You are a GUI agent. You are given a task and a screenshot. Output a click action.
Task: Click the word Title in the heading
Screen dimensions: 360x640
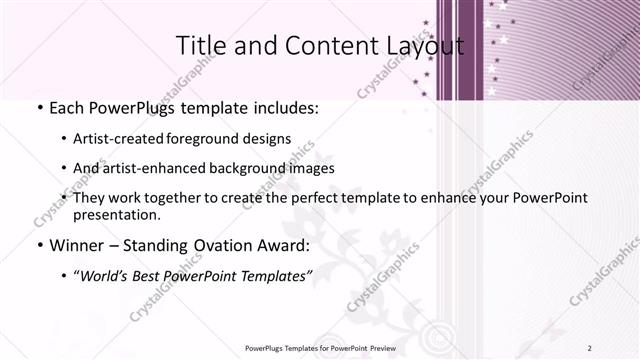200,46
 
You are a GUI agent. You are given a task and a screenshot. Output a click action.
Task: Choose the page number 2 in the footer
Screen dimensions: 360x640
591,348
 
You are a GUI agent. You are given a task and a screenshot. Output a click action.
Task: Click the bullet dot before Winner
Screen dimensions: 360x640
38,246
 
